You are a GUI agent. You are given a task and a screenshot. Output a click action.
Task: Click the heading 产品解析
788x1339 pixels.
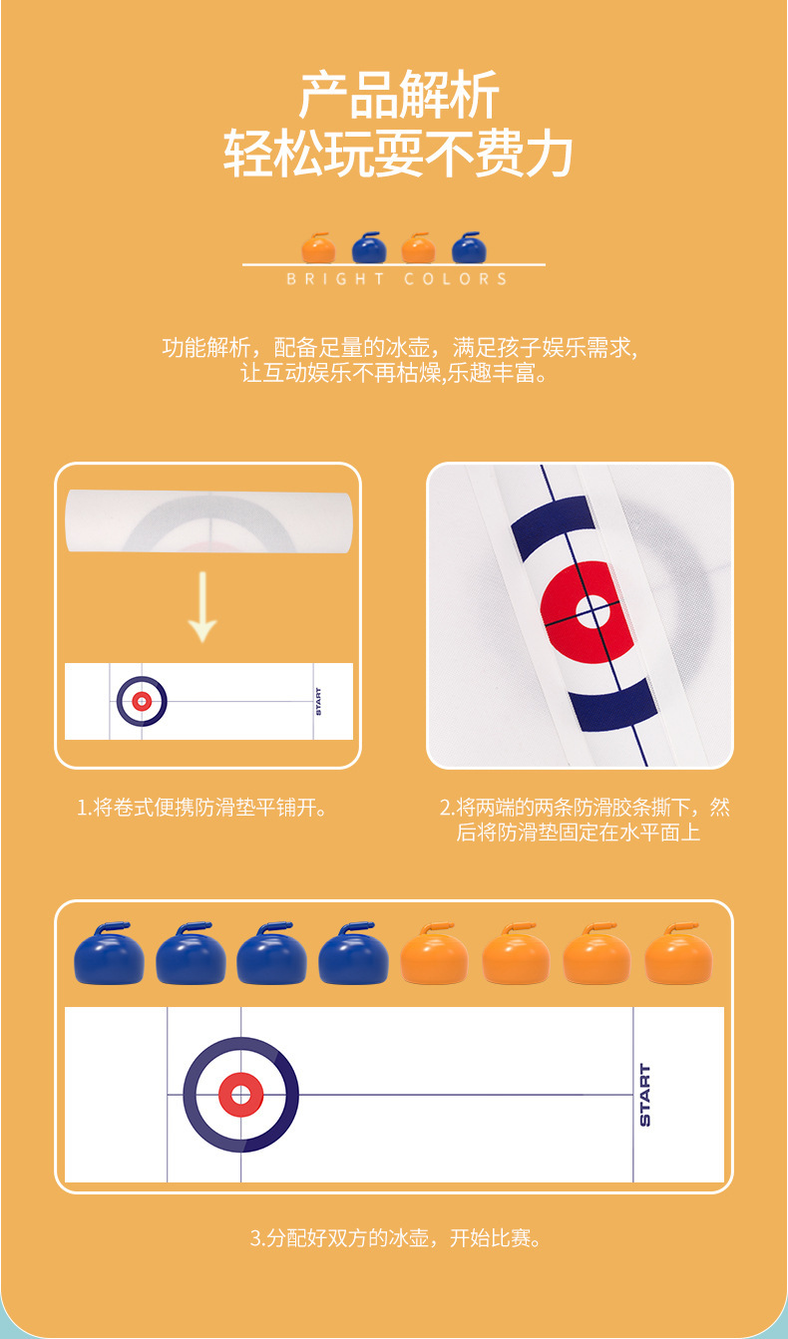click(x=399, y=95)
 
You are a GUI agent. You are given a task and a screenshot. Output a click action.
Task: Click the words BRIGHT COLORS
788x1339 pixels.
click(x=397, y=279)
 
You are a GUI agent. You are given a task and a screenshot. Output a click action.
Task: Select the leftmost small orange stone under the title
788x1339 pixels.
click(x=318, y=248)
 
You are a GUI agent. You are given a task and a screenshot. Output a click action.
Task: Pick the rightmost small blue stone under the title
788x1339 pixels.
click(x=469, y=248)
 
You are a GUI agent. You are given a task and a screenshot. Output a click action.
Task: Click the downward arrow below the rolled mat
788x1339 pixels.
click(x=202, y=606)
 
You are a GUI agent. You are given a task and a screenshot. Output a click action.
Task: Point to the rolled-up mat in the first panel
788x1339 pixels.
click(x=208, y=521)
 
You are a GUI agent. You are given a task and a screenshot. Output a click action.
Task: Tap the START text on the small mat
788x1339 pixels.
click(x=318, y=701)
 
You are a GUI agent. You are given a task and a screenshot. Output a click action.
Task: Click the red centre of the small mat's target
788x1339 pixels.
click(x=142, y=701)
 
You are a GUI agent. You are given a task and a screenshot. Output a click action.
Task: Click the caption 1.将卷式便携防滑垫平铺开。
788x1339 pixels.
click(x=202, y=808)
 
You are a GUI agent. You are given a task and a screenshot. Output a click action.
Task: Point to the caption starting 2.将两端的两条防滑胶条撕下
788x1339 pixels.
click(x=585, y=820)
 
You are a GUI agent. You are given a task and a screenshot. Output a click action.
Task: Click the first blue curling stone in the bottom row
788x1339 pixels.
click(x=109, y=953)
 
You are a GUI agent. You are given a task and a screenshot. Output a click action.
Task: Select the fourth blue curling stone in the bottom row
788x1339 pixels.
click(x=353, y=953)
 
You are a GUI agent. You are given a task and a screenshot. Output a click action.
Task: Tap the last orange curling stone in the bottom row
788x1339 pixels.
click(x=678, y=953)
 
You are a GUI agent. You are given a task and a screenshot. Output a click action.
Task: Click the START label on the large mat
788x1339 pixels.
click(x=644, y=1095)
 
